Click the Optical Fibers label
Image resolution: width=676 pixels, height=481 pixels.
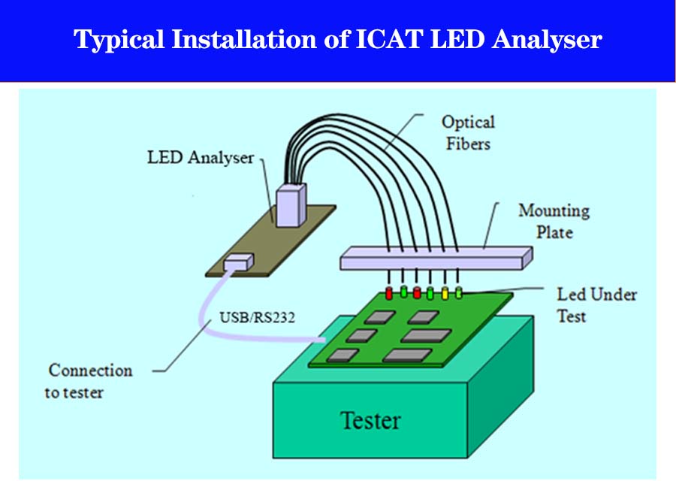(x=467, y=132)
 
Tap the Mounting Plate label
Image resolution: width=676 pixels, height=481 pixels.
(x=554, y=221)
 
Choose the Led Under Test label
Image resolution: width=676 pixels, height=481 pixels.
(x=596, y=304)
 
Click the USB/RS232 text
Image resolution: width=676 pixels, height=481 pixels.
(x=257, y=317)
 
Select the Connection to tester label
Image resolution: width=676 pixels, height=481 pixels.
(x=89, y=381)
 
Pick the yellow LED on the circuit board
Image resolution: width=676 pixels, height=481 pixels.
(x=445, y=292)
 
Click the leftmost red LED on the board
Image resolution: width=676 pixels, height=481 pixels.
(x=389, y=292)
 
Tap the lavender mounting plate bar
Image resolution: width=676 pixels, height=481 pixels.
(x=436, y=258)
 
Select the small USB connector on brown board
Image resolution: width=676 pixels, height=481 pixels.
(x=239, y=262)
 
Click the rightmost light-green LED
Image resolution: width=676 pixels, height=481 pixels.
(x=459, y=292)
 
